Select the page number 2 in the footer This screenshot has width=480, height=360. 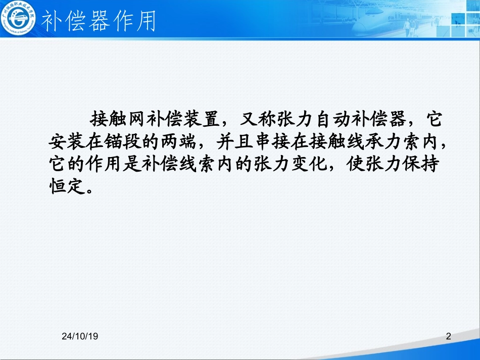pos(448,336)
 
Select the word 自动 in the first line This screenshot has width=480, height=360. pos(332,119)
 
